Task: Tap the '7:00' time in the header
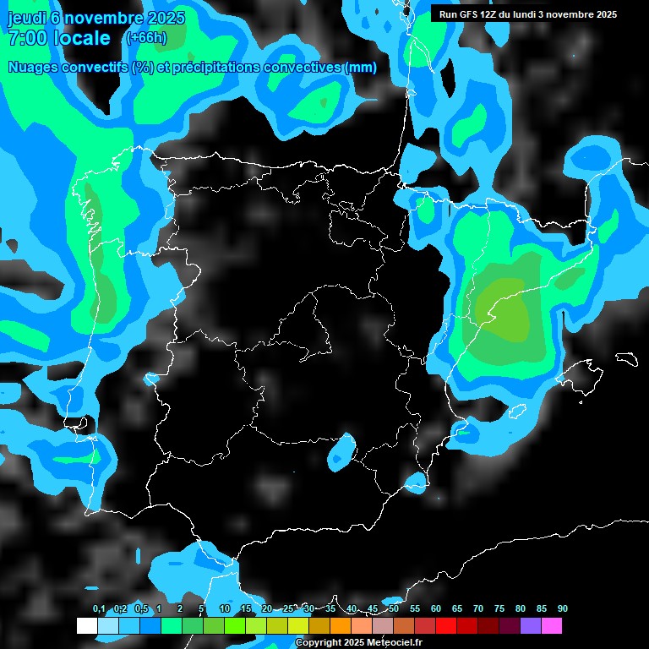tap(28, 38)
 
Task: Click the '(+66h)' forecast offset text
tap(146, 37)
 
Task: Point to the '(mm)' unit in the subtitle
tap(361, 68)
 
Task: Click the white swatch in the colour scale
tap(86, 626)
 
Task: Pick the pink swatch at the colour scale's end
tap(552, 626)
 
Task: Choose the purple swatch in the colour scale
tap(531, 626)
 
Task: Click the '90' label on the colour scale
tap(563, 609)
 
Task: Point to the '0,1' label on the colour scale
tap(99, 609)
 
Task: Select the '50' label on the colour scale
tap(394, 609)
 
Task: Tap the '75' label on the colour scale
tap(499, 609)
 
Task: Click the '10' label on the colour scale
tap(224, 609)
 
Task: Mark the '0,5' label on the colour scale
tap(141, 609)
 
